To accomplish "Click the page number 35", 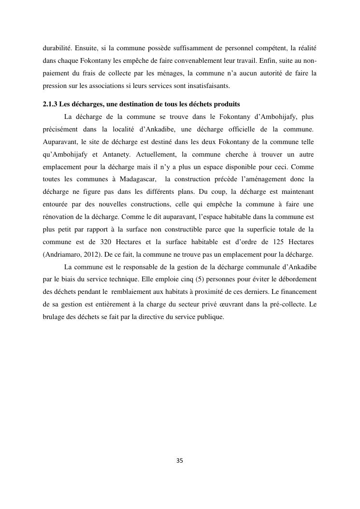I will [180, 461].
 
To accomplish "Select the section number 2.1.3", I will [50, 104].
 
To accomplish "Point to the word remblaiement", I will [137, 292].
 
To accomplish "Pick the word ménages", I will [167, 73].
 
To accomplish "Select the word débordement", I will [294, 279].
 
